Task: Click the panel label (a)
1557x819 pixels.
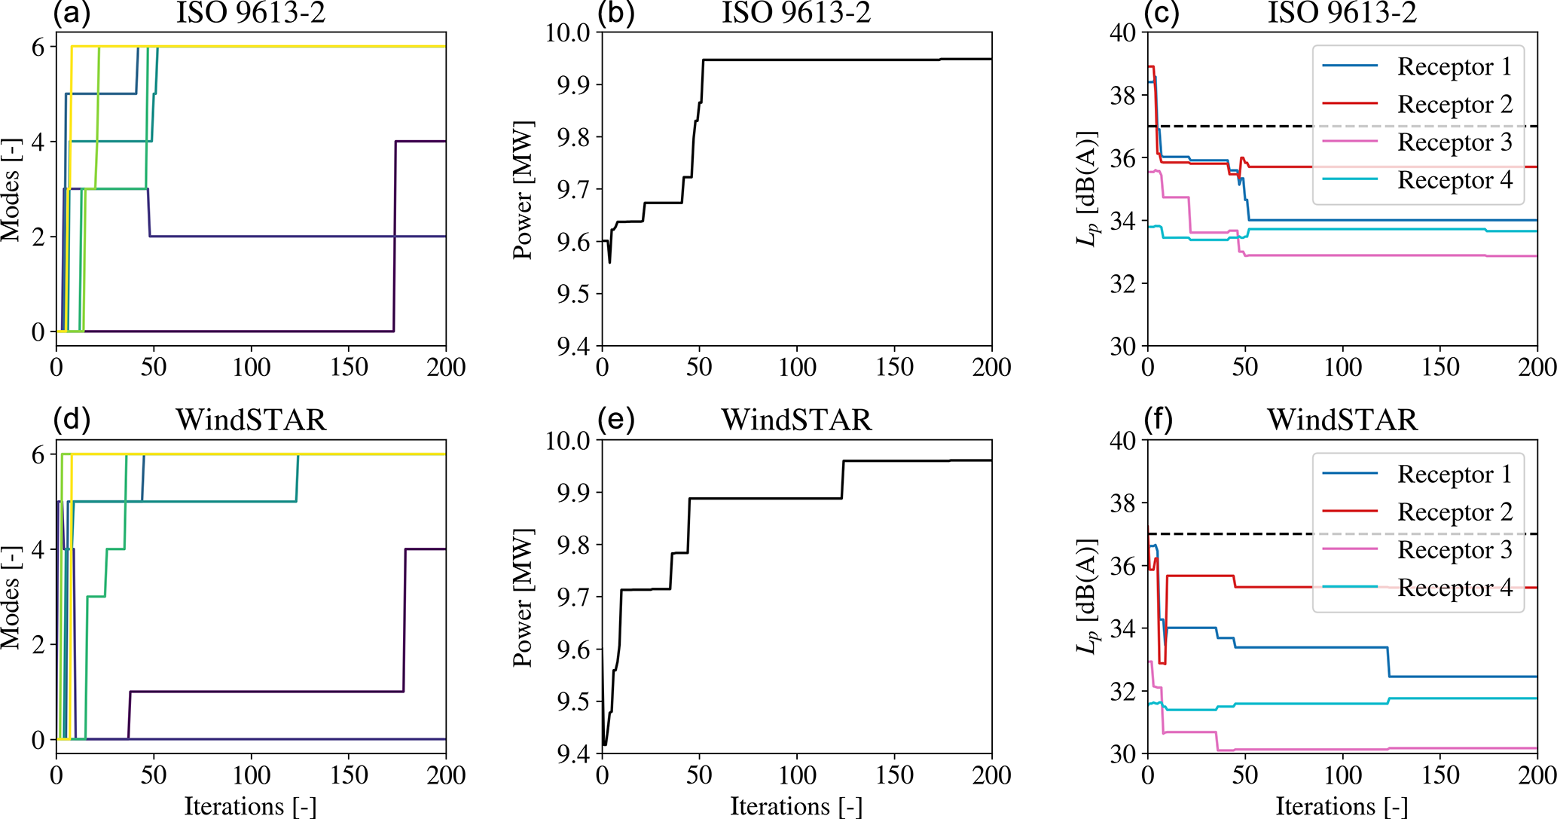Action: click(x=72, y=14)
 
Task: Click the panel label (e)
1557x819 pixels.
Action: click(x=615, y=420)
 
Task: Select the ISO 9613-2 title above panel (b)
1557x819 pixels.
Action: click(x=796, y=14)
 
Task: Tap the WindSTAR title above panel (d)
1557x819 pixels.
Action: click(x=251, y=420)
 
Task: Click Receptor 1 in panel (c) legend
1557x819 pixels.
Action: click(x=1455, y=66)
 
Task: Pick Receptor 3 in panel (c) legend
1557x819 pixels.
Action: click(x=1455, y=142)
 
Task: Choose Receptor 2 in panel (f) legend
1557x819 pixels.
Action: click(x=1455, y=512)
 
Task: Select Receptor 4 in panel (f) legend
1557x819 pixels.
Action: click(x=1455, y=588)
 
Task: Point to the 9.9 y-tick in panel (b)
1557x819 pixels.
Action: click(x=574, y=85)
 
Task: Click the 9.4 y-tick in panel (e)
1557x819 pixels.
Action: click(x=574, y=754)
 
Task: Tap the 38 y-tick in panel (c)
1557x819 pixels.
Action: click(x=1123, y=96)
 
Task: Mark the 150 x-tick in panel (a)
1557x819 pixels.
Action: click(x=349, y=368)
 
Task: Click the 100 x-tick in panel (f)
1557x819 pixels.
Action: click(x=1342, y=775)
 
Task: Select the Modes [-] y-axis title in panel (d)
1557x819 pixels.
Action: click(x=11, y=597)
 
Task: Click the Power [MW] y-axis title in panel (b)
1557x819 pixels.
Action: click(x=523, y=189)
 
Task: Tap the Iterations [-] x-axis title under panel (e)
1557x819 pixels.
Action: click(x=796, y=807)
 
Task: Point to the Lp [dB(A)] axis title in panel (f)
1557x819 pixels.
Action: click(x=1086, y=597)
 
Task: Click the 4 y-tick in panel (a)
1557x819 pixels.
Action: click(x=38, y=142)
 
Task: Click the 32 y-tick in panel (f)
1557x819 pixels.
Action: click(x=1123, y=692)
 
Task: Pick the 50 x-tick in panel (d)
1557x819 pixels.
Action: click(x=154, y=775)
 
